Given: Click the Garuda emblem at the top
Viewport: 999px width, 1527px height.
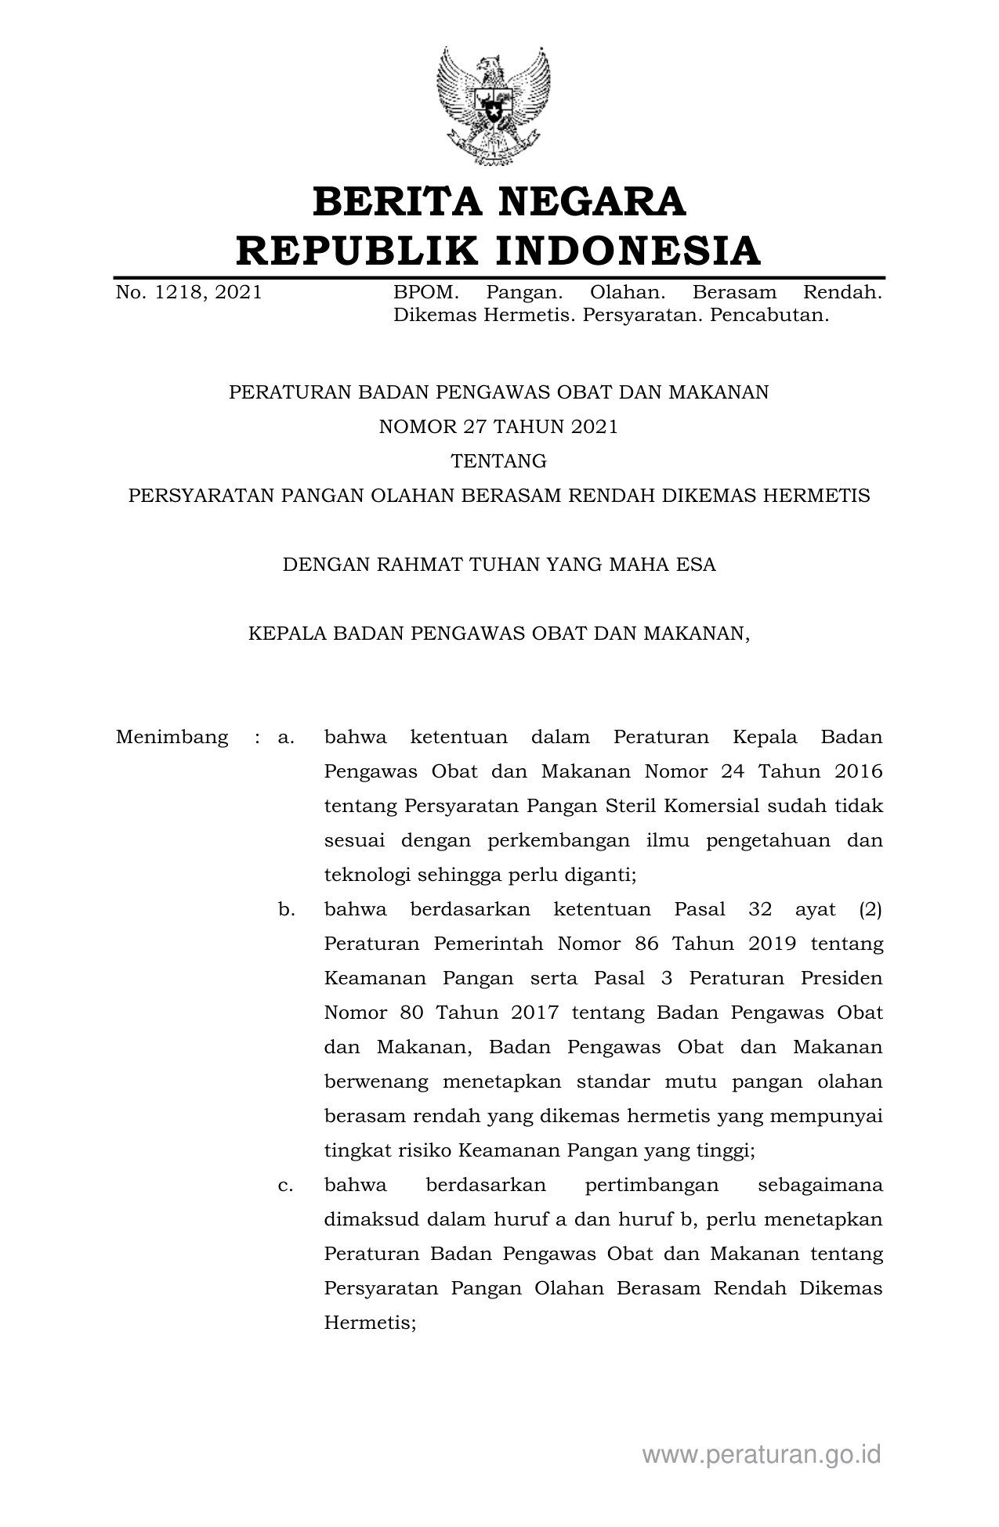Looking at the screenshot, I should click(493, 105).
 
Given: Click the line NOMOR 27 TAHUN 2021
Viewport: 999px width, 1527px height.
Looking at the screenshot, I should click(498, 427).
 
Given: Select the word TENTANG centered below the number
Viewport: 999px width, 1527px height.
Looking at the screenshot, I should click(498, 461).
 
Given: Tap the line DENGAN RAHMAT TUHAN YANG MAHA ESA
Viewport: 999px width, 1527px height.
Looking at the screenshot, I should click(498, 565).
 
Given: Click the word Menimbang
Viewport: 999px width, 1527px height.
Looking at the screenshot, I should click(172, 738).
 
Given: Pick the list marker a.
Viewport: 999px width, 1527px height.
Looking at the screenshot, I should click(285, 738).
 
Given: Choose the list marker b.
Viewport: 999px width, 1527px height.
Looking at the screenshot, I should click(285, 910).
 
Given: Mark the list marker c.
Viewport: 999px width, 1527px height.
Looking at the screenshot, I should click(285, 1186).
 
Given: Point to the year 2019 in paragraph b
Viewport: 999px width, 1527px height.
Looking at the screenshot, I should click(772, 944).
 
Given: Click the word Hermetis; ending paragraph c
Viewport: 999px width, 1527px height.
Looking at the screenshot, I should click(369, 1323).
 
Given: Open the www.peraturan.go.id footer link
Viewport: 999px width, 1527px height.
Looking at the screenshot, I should click(761, 1455).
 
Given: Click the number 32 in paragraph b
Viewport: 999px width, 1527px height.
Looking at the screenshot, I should click(759, 910).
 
